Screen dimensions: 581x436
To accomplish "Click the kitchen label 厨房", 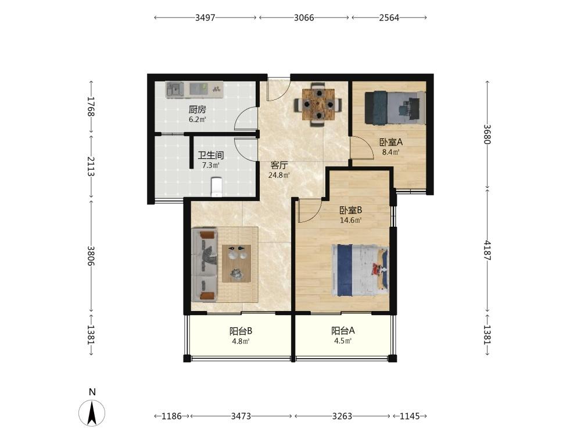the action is [197, 110].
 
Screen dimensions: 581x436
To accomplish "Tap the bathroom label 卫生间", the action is [210, 155].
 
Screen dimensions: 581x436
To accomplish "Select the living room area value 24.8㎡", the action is [279, 174].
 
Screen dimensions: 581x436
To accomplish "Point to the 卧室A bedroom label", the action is [390, 142].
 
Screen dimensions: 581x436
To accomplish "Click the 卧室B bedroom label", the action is [350, 210].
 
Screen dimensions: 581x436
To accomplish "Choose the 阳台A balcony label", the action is [343, 330].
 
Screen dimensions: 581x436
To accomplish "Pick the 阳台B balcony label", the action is [241, 331].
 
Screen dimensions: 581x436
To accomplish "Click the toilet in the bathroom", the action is [216, 187].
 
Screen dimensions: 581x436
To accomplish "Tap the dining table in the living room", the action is [318, 105].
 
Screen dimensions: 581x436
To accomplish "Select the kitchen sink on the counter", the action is [175, 90].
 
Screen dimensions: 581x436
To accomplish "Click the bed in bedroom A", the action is [395, 108].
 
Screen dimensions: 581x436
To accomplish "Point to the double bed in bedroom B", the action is [360, 270].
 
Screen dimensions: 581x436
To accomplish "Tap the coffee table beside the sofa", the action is [236, 263].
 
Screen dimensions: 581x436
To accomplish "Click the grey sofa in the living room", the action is [205, 265].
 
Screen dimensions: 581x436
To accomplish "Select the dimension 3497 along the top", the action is [205, 18].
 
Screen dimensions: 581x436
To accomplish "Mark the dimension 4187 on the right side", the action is [487, 251].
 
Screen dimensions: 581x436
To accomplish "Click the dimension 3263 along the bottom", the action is [342, 416].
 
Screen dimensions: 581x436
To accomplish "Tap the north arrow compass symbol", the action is [92, 413].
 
